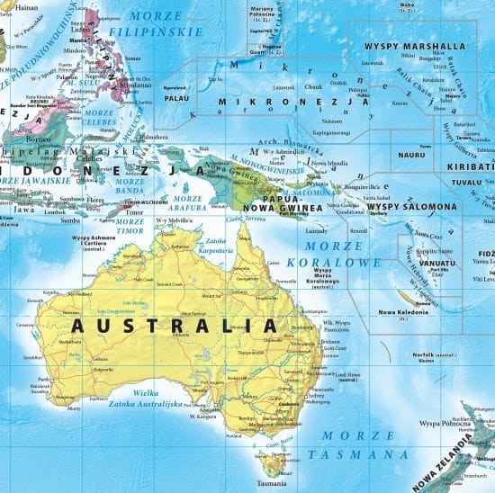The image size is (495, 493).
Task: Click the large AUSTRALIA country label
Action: pos(174,325)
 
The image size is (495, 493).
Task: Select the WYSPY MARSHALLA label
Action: pos(414,46)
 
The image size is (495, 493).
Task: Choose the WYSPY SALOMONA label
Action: pos(412,208)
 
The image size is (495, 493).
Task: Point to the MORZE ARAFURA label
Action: pos(188,203)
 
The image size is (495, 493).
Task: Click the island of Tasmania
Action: pos(272,464)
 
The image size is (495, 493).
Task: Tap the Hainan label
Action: pos(21,5)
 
